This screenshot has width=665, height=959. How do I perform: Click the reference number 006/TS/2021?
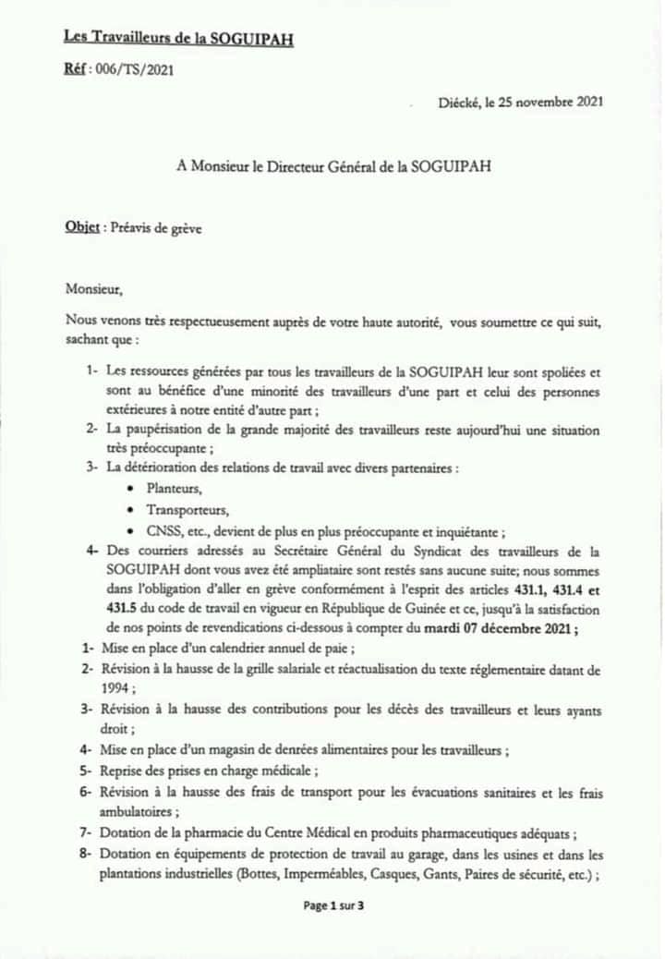134,67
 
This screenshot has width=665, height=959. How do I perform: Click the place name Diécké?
459,103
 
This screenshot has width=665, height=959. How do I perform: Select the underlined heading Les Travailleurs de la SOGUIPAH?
179,37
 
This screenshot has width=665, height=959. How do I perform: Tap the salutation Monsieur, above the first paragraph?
94,288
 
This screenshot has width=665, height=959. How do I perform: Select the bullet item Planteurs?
175,489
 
